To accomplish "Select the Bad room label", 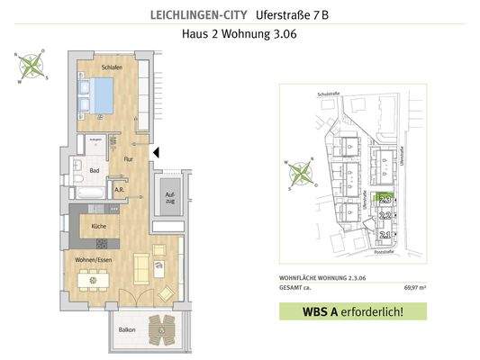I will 95,169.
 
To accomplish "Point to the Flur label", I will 127,160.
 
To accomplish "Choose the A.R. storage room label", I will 119,190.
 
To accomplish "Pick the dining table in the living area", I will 94,280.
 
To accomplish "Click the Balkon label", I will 126,330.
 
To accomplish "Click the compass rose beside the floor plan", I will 32,66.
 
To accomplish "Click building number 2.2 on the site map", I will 386,215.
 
